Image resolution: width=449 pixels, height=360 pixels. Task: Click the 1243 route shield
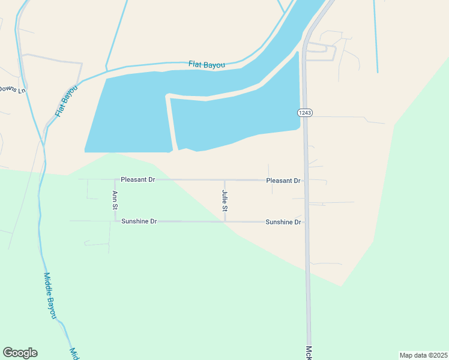304,113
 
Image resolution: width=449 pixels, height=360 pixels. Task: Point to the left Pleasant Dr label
137,179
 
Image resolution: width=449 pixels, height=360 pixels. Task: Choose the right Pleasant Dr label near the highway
283,180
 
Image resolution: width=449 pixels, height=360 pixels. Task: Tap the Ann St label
115,200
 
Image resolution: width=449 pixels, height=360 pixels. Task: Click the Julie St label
224,201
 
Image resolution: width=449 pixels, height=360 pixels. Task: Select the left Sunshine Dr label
139,221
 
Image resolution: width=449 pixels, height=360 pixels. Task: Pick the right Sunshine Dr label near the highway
283,222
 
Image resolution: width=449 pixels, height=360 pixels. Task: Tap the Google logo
20,353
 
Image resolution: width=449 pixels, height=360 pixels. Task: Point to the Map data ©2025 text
423,355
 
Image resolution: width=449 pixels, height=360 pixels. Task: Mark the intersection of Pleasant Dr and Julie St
225,180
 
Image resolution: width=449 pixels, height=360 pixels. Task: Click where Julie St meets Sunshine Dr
225,221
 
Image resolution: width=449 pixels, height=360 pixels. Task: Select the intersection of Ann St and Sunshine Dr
115,221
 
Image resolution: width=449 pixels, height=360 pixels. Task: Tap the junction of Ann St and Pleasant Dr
115,179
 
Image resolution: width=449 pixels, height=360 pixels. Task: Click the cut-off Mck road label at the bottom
309,353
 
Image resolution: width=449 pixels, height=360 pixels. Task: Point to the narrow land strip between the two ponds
172,123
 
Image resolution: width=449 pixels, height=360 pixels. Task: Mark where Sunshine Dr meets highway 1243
306,221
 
